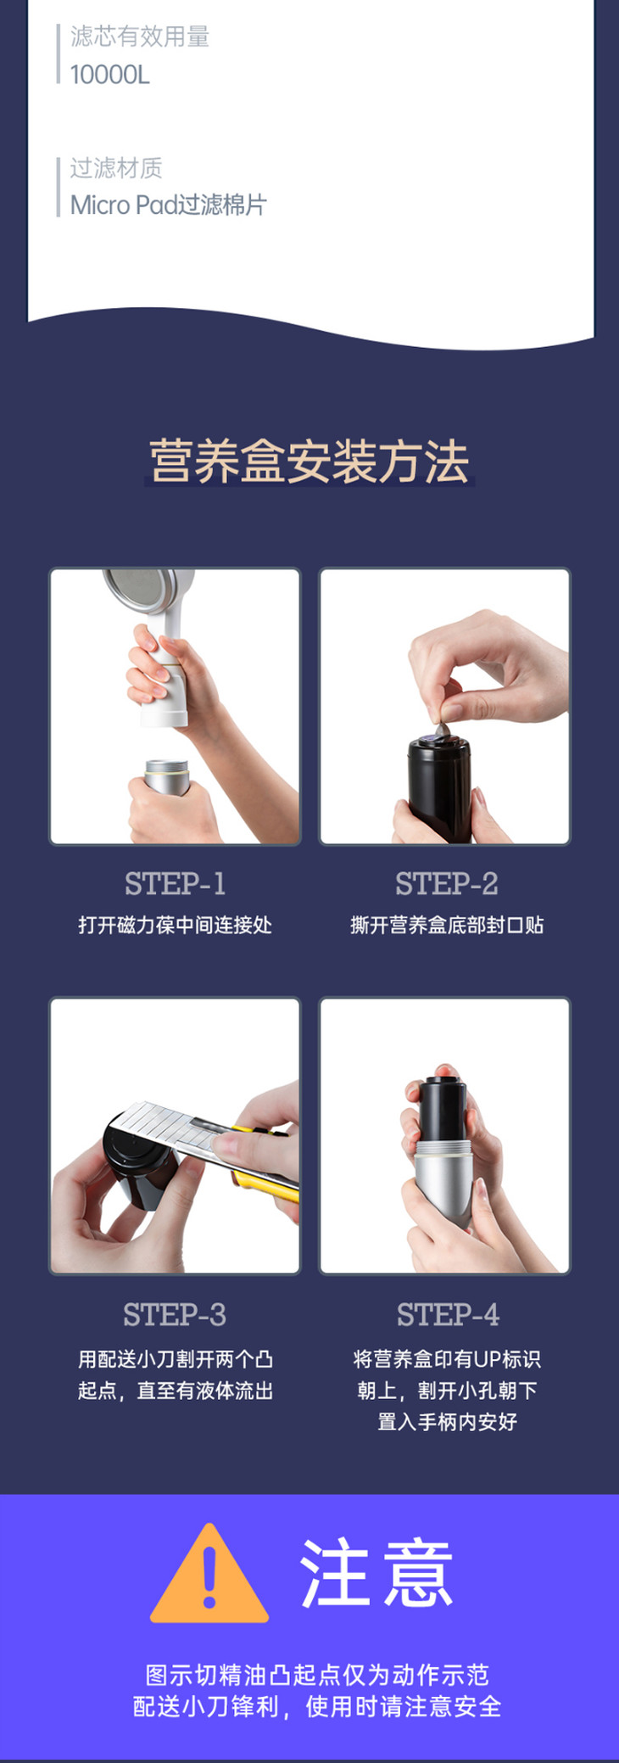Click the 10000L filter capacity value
(109, 75)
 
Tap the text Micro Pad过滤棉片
(168, 204)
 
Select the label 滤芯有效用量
(139, 36)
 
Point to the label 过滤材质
(115, 167)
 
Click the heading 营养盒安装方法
(309, 461)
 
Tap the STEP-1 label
(176, 884)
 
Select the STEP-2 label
(446, 884)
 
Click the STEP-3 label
(175, 1314)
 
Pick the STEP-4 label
(448, 1314)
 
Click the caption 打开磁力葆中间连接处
(176, 925)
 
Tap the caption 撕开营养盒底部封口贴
(447, 925)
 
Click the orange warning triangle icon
(209, 1573)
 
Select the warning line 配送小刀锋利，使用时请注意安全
(317, 1706)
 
